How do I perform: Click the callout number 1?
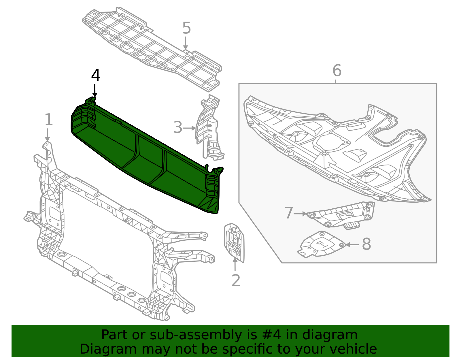(49, 120)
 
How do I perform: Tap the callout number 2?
(236, 280)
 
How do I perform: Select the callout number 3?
(178, 127)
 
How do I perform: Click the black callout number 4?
(96, 76)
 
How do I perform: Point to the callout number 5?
(186, 28)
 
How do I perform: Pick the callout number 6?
(337, 71)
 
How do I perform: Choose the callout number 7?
(288, 213)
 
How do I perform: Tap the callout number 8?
(366, 244)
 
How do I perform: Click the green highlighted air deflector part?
(144, 156)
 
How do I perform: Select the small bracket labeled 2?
(234, 242)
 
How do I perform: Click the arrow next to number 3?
(190, 128)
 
